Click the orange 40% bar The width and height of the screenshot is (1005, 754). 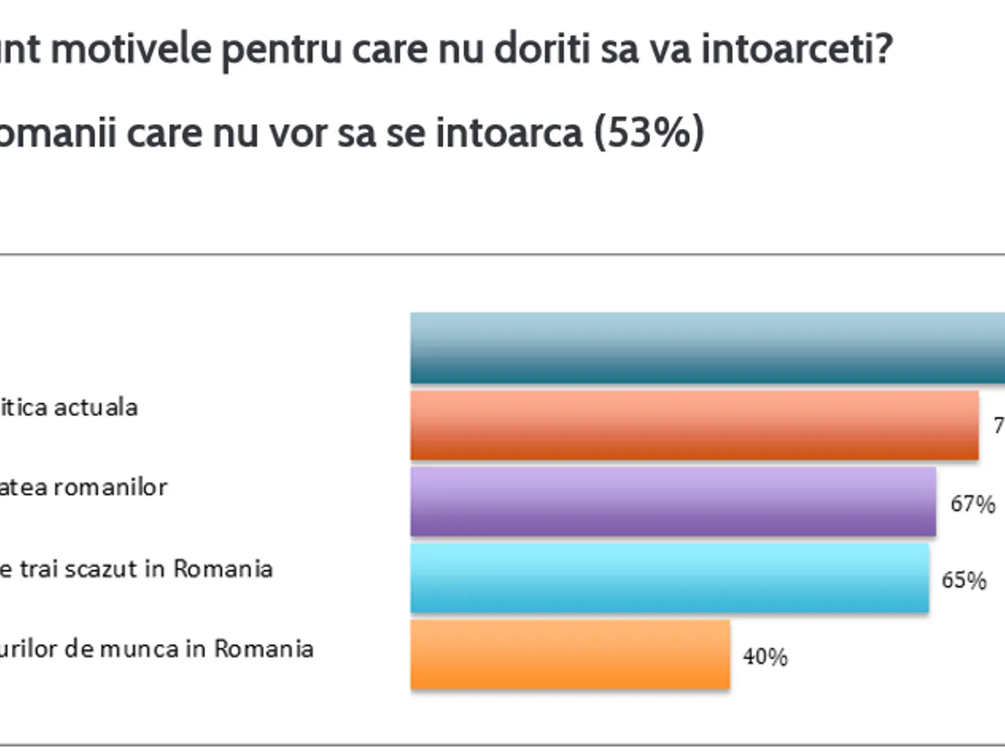[x=569, y=654]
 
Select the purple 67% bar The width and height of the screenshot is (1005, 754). [x=673, y=500]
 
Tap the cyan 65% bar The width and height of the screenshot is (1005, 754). [x=669, y=577]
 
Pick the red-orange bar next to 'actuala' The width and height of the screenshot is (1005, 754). [x=693, y=424]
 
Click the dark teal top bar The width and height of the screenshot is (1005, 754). [x=708, y=347]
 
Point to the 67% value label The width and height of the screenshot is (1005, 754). [x=972, y=504]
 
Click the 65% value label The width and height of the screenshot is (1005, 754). [x=964, y=580]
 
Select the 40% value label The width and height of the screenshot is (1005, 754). [x=765, y=657]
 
